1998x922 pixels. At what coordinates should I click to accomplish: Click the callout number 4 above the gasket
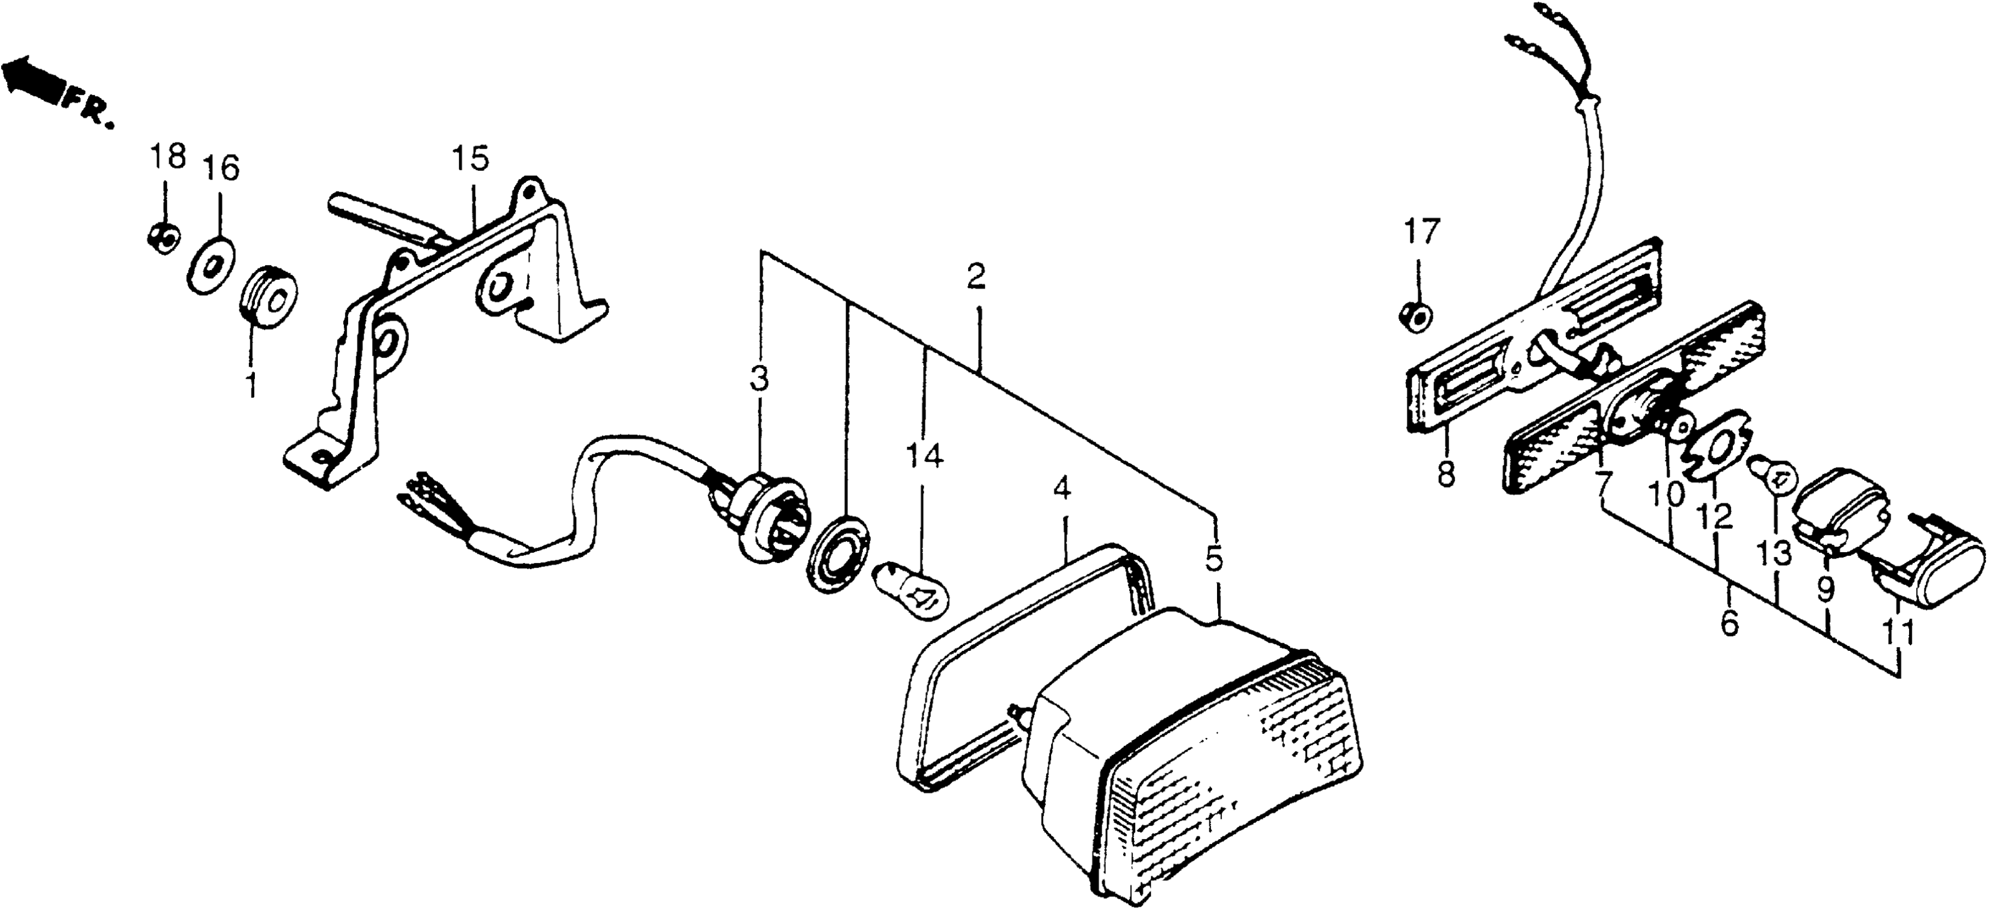(x=1062, y=489)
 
